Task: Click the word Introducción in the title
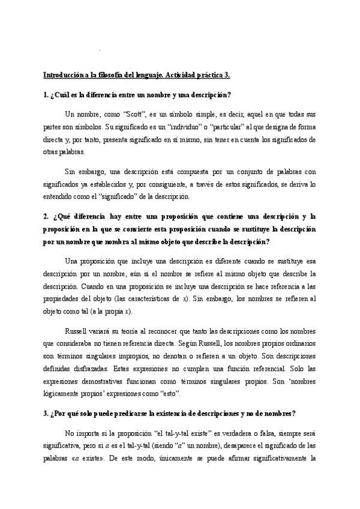pos(62,76)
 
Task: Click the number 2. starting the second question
pos(46,217)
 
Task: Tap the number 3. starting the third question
pos(46,413)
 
